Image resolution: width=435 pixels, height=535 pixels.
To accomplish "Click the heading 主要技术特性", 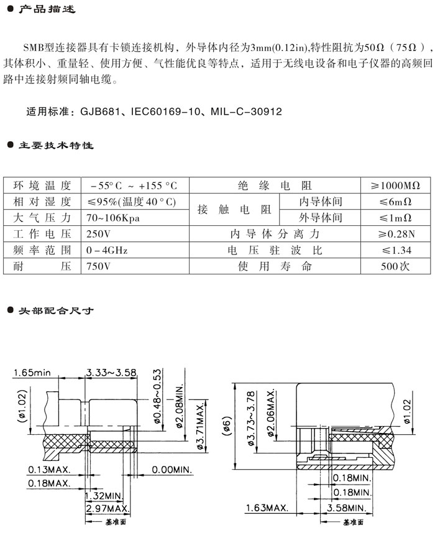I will point(55,146).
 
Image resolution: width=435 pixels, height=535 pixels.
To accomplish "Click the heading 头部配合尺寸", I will point(55,310).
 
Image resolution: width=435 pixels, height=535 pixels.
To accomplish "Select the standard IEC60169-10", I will point(163,112).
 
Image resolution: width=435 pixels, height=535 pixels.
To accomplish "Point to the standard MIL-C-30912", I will point(246,112).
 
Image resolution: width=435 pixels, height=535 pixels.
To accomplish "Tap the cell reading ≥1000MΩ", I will point(395,185).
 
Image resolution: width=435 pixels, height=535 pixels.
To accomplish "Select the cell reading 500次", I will point(395,266).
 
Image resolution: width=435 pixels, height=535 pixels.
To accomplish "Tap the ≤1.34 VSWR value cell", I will point(395,250).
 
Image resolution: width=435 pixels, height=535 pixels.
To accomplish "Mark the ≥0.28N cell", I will point(395,234).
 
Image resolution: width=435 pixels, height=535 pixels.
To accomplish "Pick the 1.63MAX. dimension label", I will point(268,508).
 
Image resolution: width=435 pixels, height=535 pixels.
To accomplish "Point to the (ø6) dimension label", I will point(227,427).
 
